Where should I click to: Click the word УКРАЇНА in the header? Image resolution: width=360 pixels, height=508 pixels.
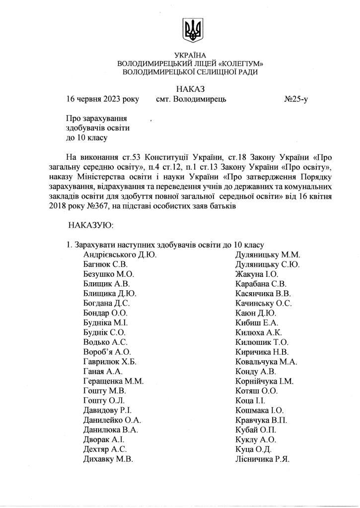pyautogui.click(x=190, y=55)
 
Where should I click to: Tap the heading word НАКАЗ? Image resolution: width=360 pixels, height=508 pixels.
pyautogui.click(x=190, y=89)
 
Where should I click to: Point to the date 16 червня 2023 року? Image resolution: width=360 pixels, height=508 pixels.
pyautogui.click(x=103, y=99)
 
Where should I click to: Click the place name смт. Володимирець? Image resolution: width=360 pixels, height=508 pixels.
pyautogui.click(x=191, y=99)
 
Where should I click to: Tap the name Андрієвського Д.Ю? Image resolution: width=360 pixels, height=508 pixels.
pyautogui.click(x=120, y=255)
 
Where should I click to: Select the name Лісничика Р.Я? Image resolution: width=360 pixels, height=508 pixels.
pyautogui.click(x=262, y=459)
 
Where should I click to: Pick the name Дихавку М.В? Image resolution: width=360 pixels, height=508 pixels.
pyautogui.click(x=108, y=459)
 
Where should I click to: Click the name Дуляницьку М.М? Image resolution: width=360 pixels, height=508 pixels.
pyautogui.click(x=268, y=255)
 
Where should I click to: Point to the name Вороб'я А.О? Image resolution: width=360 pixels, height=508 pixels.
pyautogui.click(x=107, y=352)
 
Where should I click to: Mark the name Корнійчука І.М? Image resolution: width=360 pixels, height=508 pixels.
pyautogui.click(x=265, y=381)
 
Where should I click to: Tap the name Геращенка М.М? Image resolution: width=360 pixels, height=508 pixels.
pyautogui.click(x=113, y=381)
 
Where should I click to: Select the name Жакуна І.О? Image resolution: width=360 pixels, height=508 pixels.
pyautogui.click(x=257, y=274)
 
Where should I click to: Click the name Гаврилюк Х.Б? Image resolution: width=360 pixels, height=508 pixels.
pyautogui.click(x=110, y=362)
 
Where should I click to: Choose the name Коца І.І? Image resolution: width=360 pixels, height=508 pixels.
pyautogui.click(x=251, y=401)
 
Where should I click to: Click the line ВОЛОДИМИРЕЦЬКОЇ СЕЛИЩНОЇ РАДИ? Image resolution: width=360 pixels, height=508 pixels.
pyautogui.click(x=190, y=72)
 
